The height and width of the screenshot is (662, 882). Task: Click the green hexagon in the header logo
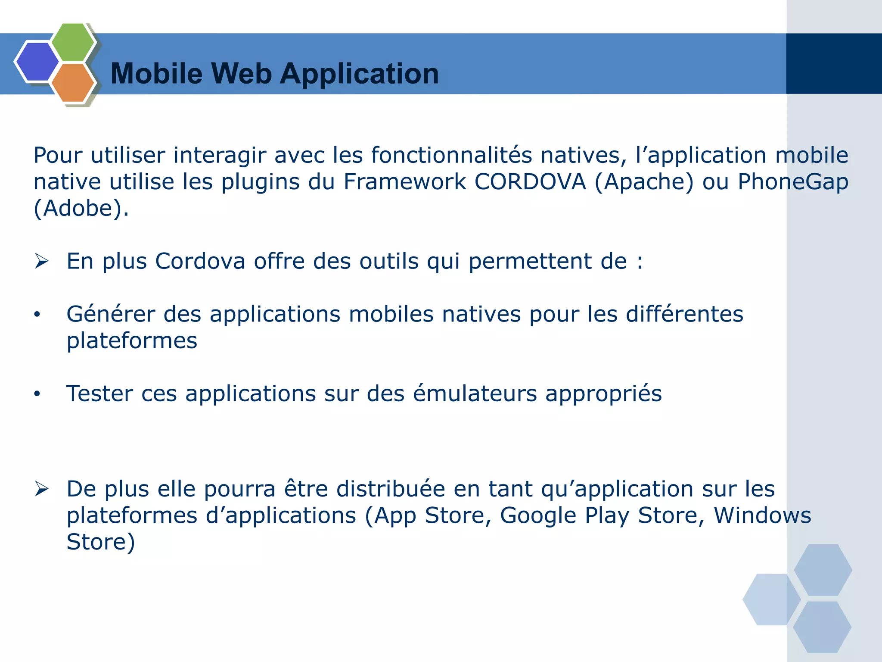pyautogui.click(x=73, y=42)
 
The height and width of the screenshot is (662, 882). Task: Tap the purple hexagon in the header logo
pyautogui.click(x=37, y=61)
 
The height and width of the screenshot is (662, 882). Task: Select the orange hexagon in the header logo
pyautogui.click(x=73, y=83)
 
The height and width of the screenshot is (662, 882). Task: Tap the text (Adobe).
pyautogui.click(x=81, y=209)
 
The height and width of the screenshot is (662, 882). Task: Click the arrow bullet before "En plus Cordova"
pyautogui.click(x=42, y=261)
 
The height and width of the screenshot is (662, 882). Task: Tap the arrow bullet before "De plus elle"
pyautogui.click(x=42, y=489)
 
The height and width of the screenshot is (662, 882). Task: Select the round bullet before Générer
pyautogui.click(x=37, y=315)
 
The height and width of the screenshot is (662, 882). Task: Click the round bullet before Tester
pyautogui.click(x=37, y=394)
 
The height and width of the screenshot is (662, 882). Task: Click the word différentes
pyautogui.click(x=684, y=314)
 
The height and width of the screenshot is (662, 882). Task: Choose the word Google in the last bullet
pyautogui.click(x=538, y=516)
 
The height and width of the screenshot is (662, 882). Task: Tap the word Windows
pyautogui.click(x=762, y=515)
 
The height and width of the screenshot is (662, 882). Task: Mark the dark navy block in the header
pyautogui.click(x=834, y=64)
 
